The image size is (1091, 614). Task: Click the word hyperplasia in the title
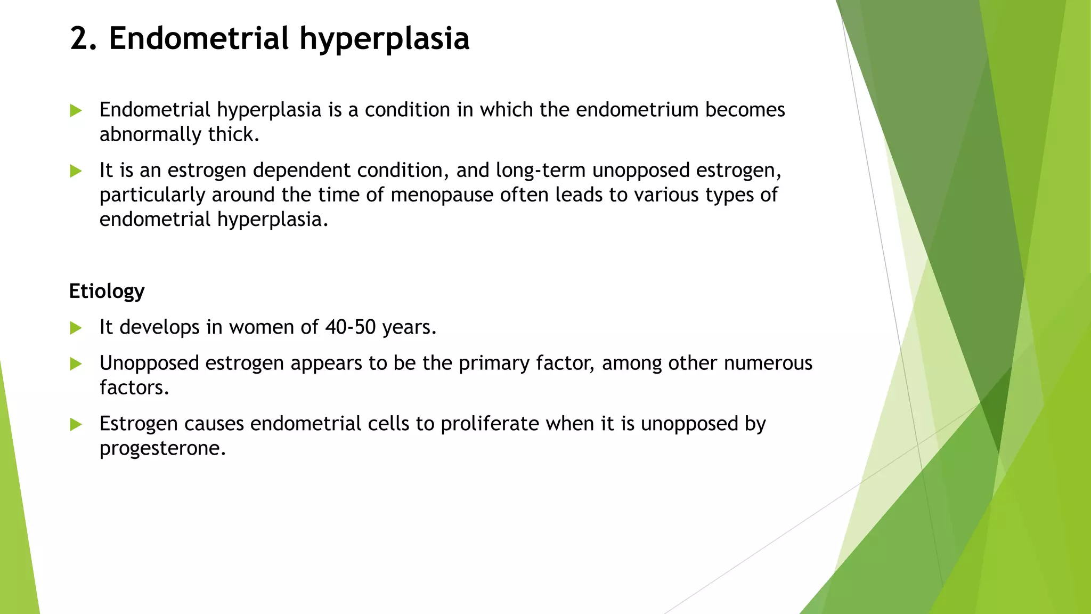click(x=384, y=39)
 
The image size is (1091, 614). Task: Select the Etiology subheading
click(x=107, y=292)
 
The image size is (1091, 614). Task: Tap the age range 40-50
click(x=350, y=327)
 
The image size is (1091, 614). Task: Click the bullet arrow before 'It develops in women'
click(x=76, y=328)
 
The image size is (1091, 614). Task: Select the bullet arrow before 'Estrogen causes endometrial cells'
click(x=76, y=424)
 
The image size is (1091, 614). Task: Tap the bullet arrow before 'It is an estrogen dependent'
click(x=76, y=171)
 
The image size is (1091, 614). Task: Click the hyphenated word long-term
click(x=540, y=170)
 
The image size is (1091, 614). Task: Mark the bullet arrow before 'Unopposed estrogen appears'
click(x=76, y=364)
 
